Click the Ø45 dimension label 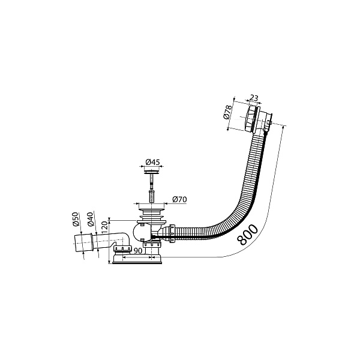tap(152, 162)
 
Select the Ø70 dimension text tap(180, 199)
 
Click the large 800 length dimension tap(247, 235)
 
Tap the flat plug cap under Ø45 tap(152, 172)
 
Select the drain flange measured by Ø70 tap(152, 210)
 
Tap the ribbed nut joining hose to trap tap(172, 233)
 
